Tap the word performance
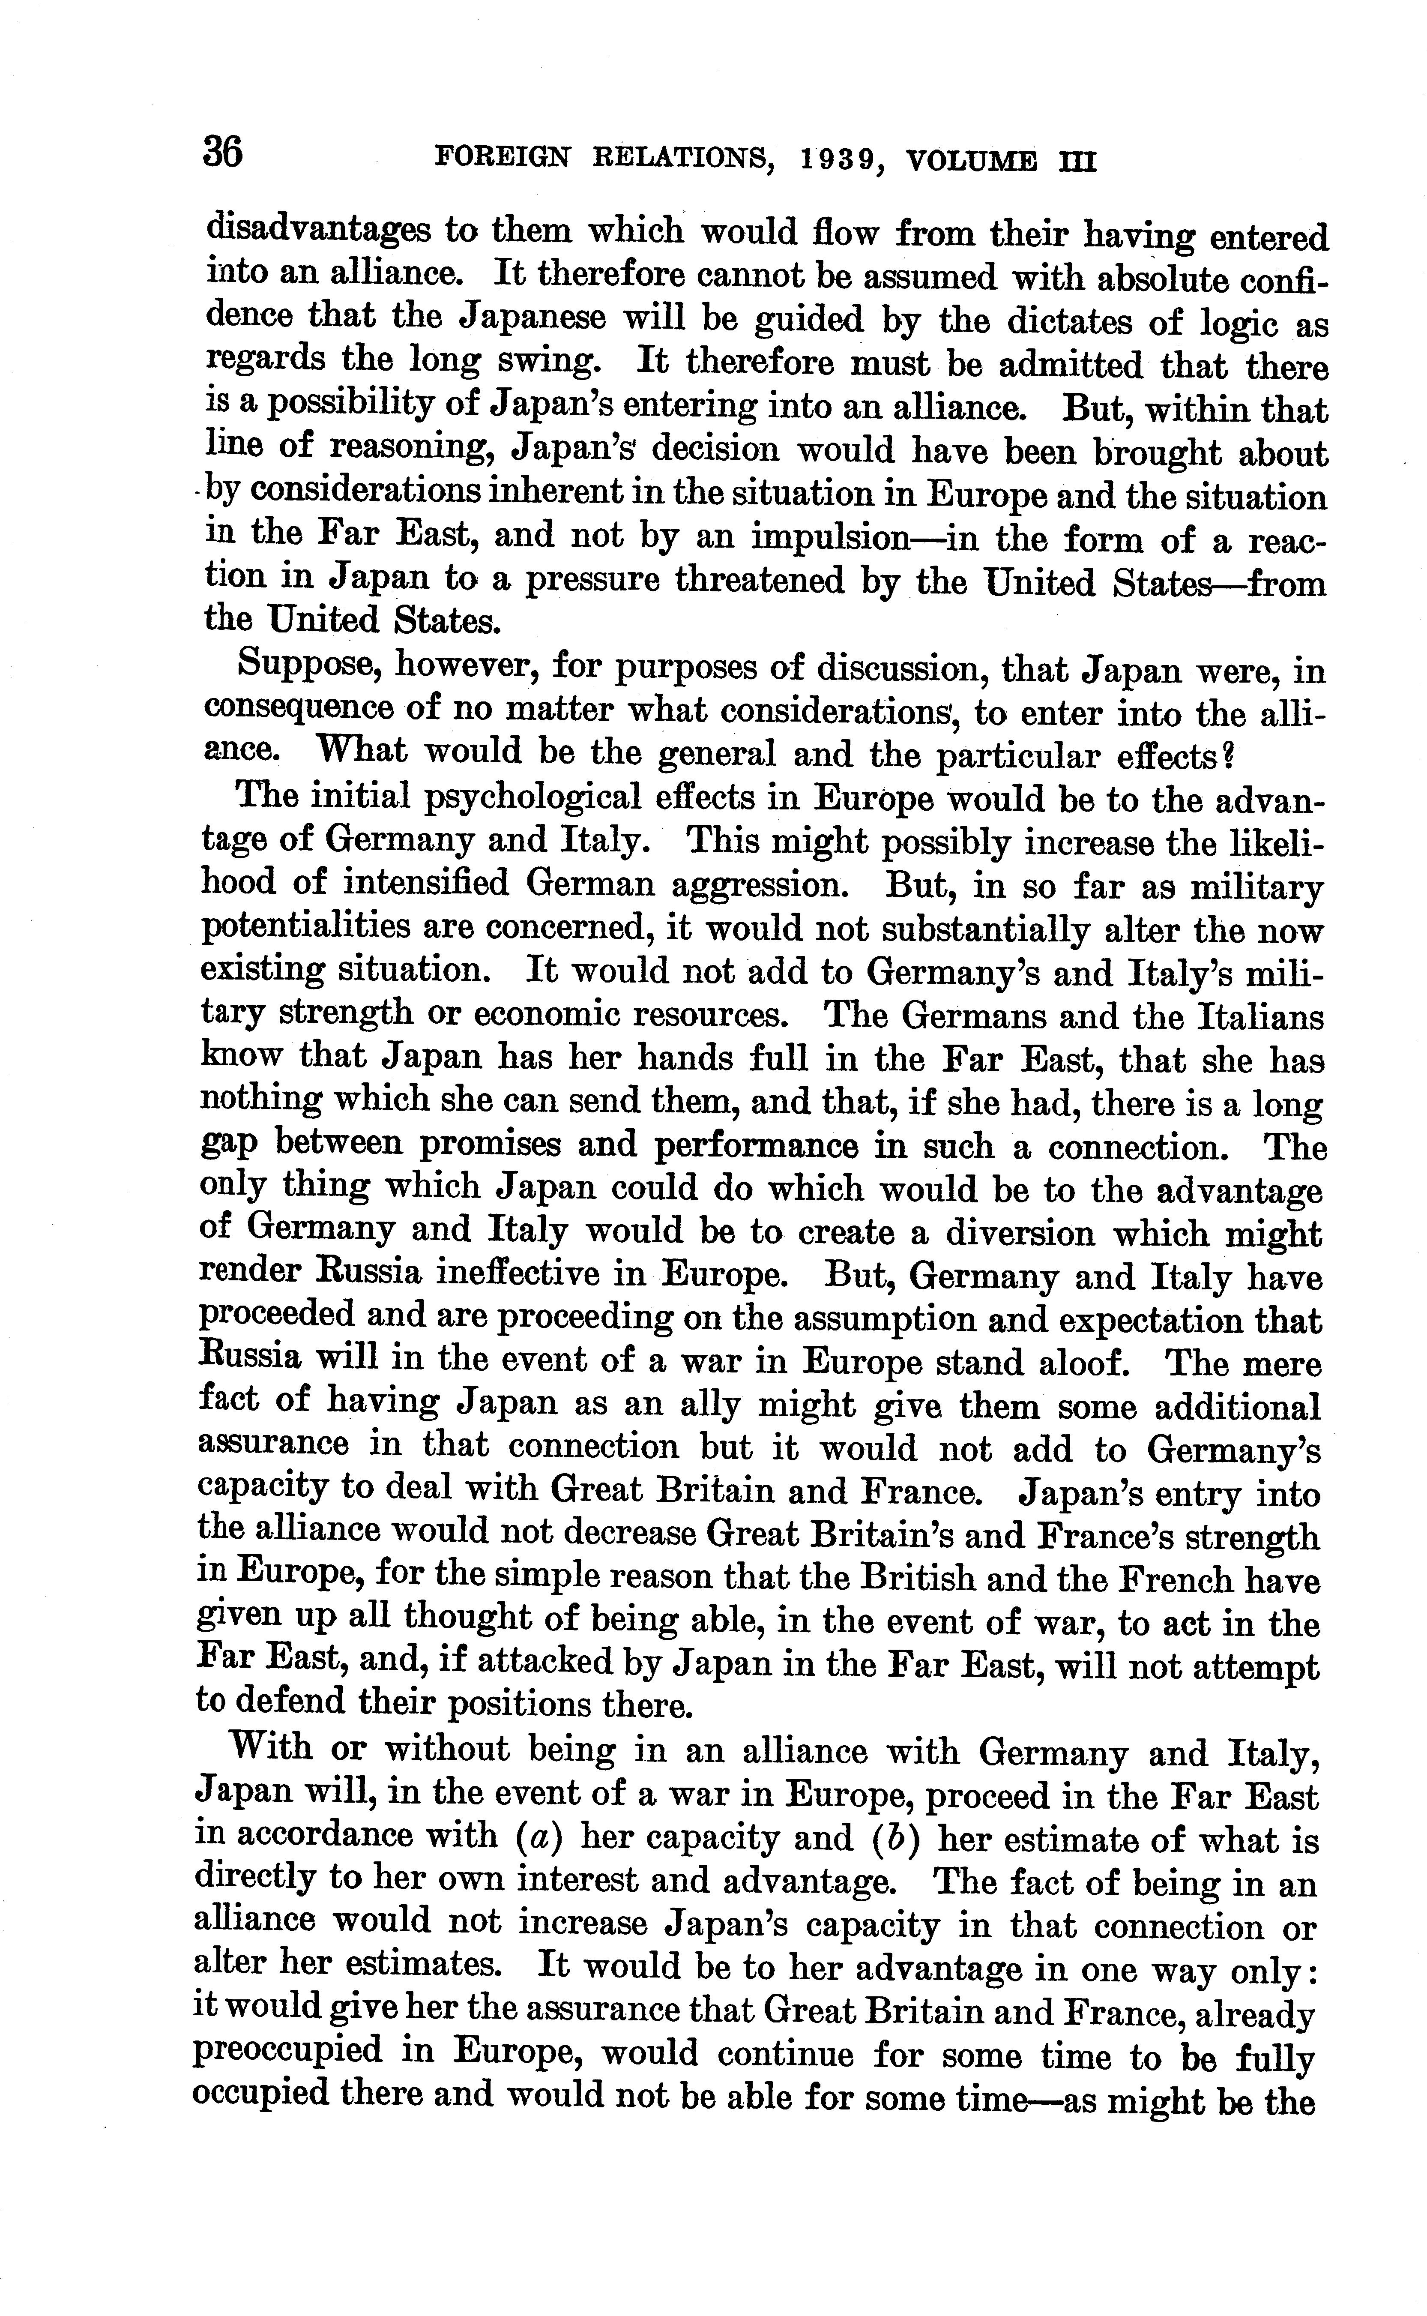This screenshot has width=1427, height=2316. point(756,1147)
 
